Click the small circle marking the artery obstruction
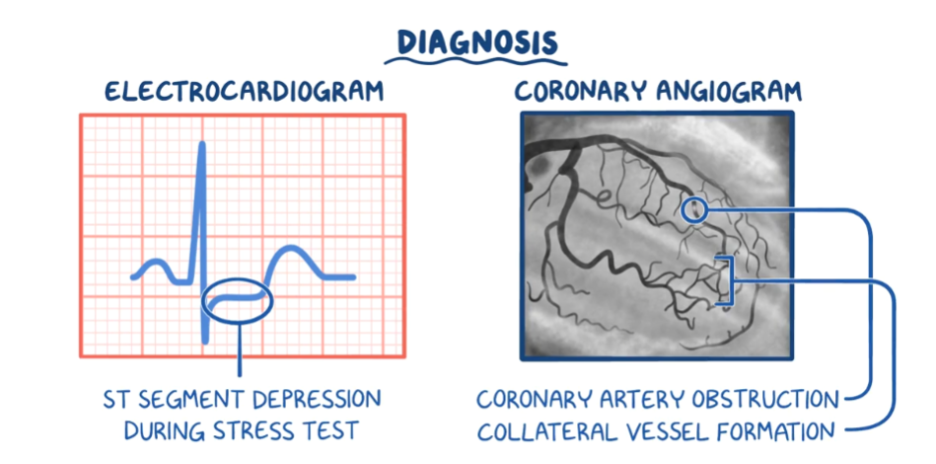(x=694, y=209)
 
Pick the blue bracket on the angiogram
(x=728, y=281)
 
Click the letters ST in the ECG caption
(x=115, y=400)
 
